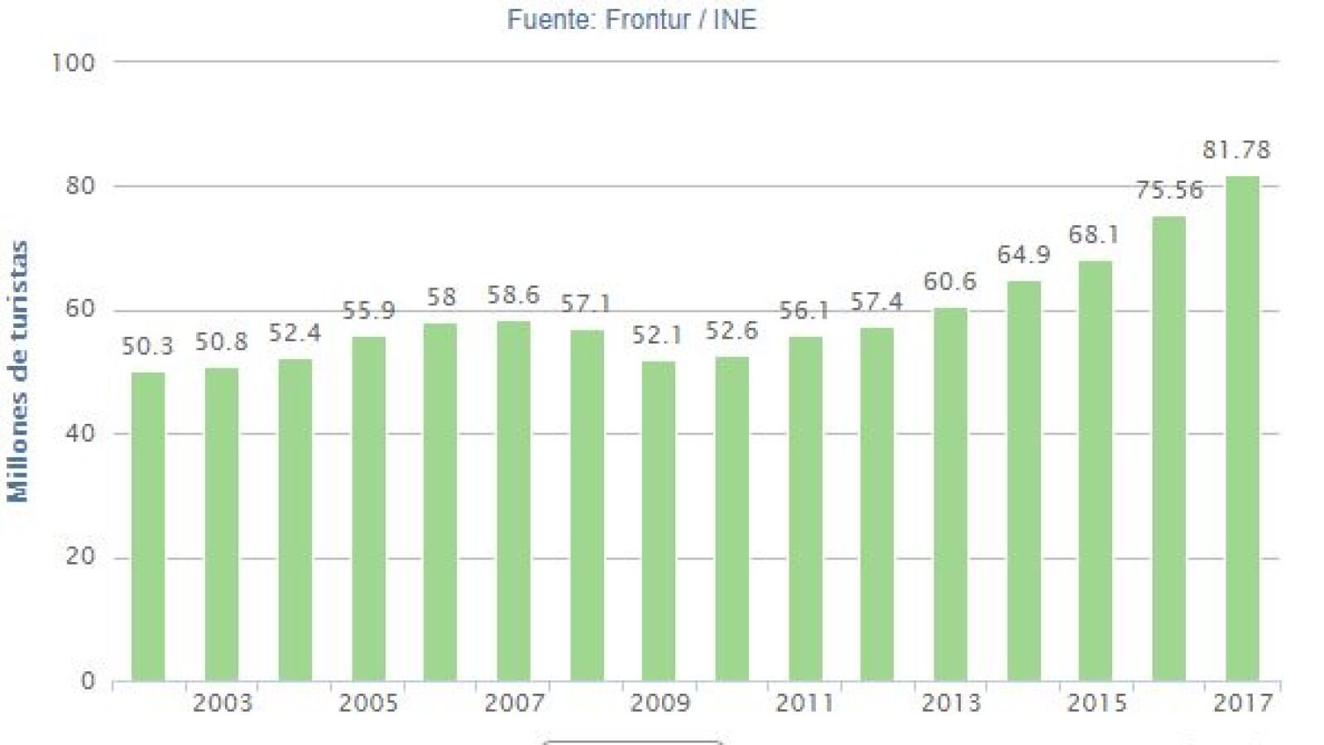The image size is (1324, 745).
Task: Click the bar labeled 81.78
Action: [1242, 429]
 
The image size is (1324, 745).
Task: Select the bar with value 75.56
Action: [1168, 449]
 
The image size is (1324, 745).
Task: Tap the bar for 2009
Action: [659, 521]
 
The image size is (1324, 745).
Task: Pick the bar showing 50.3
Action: [148, 526]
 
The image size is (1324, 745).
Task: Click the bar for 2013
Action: [950, 495]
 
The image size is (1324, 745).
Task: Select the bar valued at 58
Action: [440, 502]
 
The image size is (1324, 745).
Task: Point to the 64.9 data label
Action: [1024, 255]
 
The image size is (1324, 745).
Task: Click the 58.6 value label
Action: [513, 296]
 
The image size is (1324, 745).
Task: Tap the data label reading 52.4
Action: [295, 334]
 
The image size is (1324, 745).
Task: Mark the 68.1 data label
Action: [1094, 235]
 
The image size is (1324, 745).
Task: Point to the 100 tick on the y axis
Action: [74, 63]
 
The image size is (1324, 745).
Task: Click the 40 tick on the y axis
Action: [80, 433]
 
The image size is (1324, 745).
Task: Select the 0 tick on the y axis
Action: [88, 681]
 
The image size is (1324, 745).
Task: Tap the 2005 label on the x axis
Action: [368, 704]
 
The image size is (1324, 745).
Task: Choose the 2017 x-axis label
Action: [1242, 704]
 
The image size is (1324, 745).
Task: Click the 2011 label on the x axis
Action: [804, 704]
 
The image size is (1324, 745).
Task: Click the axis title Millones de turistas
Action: [18, 372]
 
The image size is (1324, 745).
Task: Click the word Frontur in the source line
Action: [648, 19]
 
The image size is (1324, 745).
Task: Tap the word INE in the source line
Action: [734, 19]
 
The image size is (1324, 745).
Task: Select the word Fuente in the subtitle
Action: [548, 19]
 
